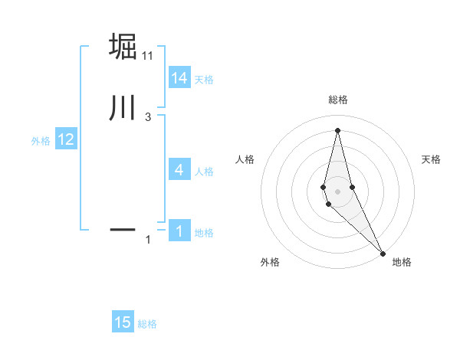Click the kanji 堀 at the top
tap(123, 47)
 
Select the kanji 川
tap(123, 108)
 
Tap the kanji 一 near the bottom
tap(123, 228)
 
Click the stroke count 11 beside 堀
tap(148, 56)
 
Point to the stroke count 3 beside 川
tap(148, 117)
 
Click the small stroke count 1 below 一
tap(148, 240)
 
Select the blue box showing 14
tap(179, 78)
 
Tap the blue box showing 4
tap(179, 170)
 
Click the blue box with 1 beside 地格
tap(179, 231)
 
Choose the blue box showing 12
tap(65, 139)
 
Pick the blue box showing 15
tap(123, 322)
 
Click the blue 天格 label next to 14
tap(204, 79)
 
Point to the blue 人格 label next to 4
tap(204, 171)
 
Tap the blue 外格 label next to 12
tap(41, 140)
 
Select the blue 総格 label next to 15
tap(147, 323)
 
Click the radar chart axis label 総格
tap(337, 100)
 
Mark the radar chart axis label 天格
tap(432, 159)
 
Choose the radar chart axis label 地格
tap(402, 262)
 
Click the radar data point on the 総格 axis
tap(337, 130)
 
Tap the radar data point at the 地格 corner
tap(383, 253)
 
